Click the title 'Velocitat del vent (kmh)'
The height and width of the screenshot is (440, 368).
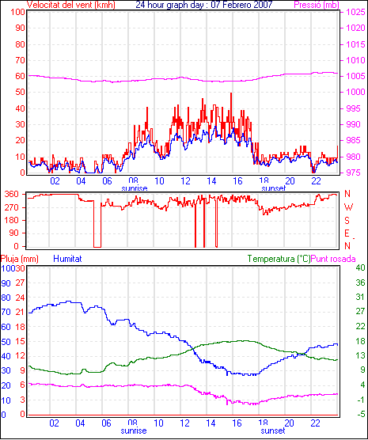71,5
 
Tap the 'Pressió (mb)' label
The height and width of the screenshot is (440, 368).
317,5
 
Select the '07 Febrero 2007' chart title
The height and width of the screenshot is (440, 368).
244,5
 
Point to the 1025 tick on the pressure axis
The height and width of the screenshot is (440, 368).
355,12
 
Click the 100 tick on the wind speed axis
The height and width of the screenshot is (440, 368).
18,12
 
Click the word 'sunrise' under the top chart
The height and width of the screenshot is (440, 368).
135,188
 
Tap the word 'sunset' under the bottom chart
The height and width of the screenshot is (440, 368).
273,431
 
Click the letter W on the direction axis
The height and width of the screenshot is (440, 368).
348,207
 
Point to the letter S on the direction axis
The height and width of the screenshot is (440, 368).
347,221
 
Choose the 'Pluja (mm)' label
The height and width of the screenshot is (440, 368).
19,259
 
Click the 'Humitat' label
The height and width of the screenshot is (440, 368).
67,259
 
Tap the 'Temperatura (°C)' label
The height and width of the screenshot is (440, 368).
279,259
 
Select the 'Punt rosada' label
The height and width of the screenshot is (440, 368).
333,259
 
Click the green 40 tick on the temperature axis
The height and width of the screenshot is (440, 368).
360,267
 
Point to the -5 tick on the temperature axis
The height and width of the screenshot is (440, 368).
361,414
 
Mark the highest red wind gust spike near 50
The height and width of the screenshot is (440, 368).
231,93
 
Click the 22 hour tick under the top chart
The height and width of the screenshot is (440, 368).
316,181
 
